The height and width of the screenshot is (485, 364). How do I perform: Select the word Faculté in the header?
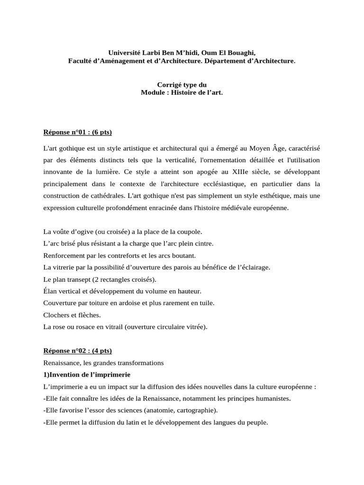click(x=81, y=62)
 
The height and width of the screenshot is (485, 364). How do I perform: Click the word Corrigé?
click(x=169, y=84)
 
